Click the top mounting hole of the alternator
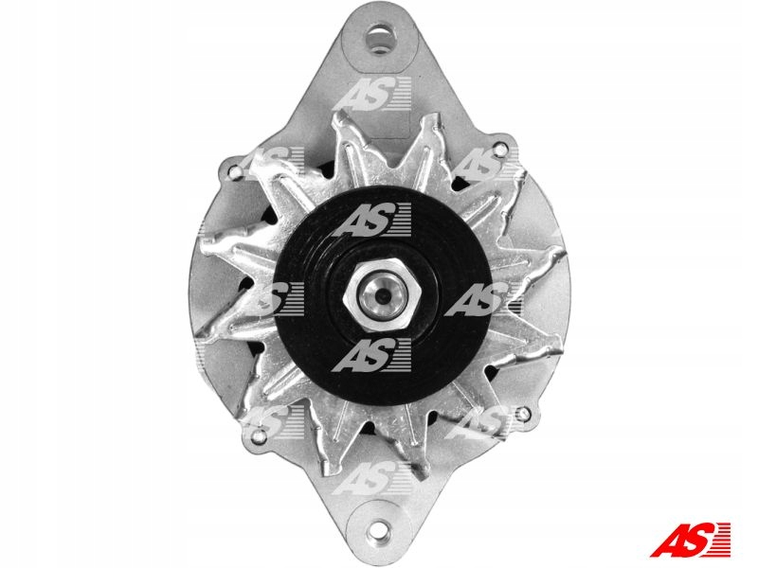pos(381,40)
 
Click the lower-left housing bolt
pos(255,437)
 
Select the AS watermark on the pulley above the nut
pos(375,223)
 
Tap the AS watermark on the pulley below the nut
pos(375,354)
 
